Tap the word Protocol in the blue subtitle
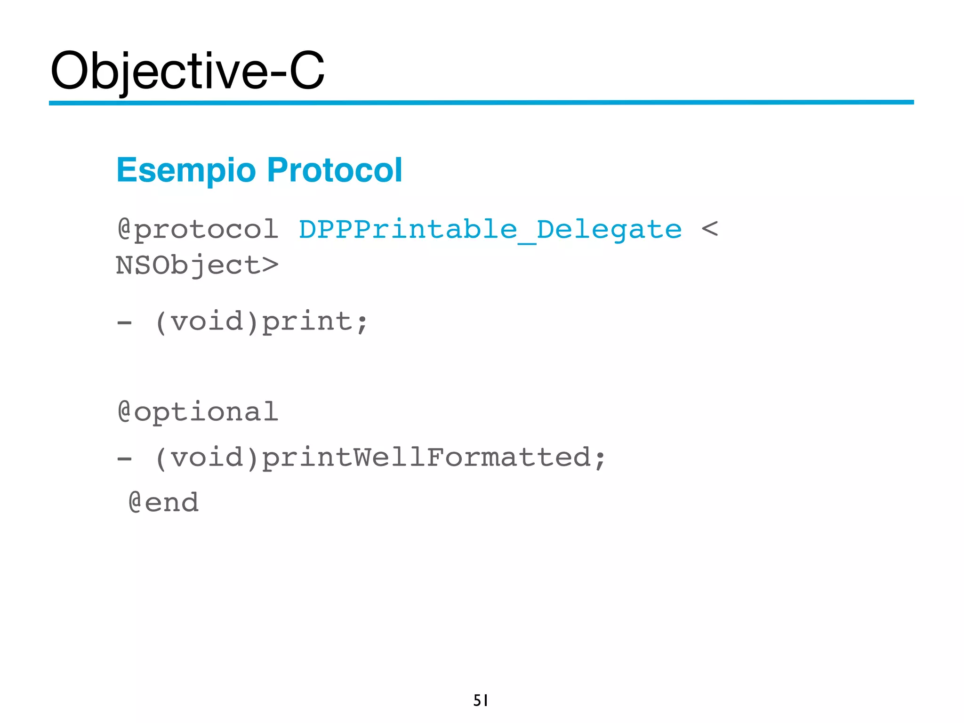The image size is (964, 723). click(334, 170)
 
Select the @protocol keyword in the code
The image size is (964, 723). click(198, 230)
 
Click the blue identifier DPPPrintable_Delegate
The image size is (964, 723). click(490, 230)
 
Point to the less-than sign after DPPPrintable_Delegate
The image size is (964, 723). click(709, 229)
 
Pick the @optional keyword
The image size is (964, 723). click(198, 412)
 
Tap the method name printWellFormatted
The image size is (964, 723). click(426, 458)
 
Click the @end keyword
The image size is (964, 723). click(164, 502)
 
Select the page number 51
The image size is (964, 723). click(481, 700)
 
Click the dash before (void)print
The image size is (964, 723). click(125, 323)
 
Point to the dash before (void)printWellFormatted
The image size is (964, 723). click(125, 458)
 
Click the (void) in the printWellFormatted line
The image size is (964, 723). click(207, 458)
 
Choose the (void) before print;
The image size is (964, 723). click(207, 322)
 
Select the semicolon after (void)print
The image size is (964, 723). click(362, 324)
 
